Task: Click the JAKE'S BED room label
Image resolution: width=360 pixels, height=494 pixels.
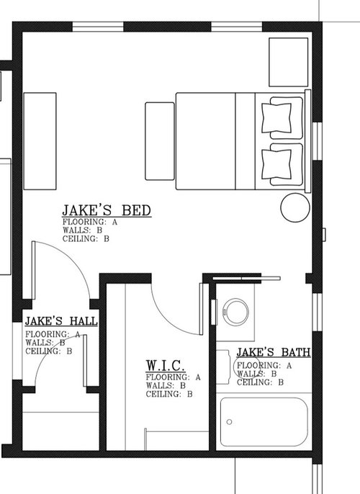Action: [x=106, y=210]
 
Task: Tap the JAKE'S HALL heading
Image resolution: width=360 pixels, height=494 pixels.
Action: [x=61, y=321]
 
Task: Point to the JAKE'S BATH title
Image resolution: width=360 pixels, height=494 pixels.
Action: [x=274, y=352]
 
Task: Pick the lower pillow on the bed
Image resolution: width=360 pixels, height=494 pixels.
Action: [x=278, y=163]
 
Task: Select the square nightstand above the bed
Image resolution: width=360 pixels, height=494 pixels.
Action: [x=287, y=62]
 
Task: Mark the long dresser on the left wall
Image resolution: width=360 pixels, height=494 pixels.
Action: [x=40, y=140]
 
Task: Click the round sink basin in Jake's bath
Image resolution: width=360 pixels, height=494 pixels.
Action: [x=235, y=310]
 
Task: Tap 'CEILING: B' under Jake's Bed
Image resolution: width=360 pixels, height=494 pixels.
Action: [x=86, y=238]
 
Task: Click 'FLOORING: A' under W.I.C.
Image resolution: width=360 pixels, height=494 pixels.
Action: [x=172, y=377]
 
